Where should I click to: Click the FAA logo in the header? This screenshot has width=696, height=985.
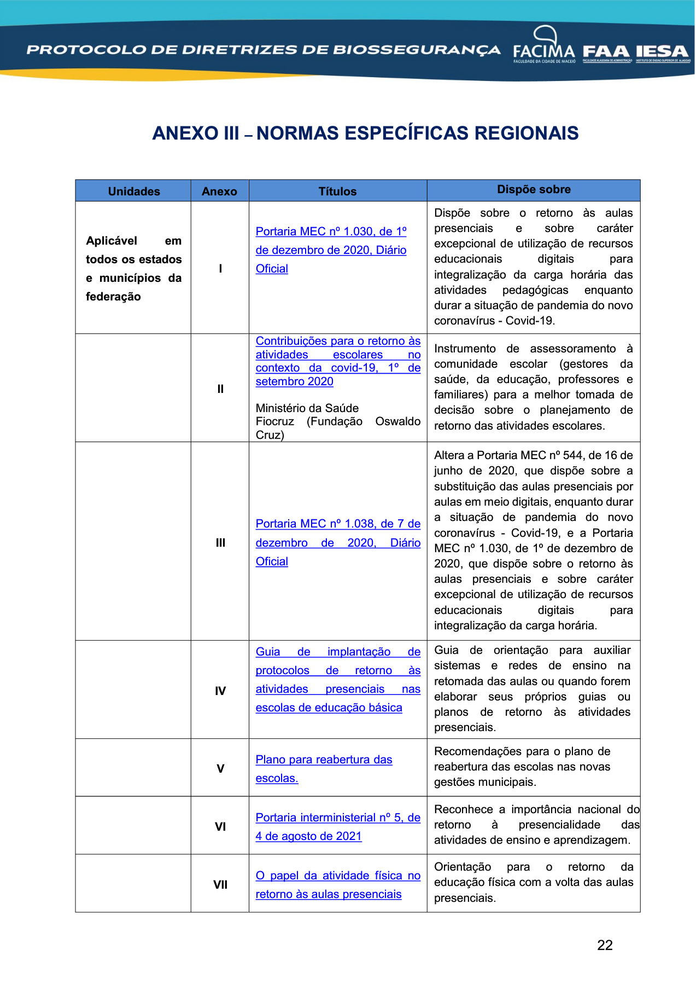(606, 53)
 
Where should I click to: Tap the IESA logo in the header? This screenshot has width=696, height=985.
(662, 53)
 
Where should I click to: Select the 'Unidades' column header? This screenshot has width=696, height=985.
(134, 192)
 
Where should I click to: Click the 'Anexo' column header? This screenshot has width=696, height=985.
(219, 192)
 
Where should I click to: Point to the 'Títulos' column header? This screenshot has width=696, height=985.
(337, 192)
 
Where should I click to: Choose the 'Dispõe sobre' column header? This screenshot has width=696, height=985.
(534, 189)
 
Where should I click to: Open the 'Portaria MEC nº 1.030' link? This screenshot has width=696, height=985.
(331, 232)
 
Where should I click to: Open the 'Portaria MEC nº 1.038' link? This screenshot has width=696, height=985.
(338, 524)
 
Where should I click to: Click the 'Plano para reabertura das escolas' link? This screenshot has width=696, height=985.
(324, 760)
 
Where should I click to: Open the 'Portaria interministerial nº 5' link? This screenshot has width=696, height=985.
(338, 818)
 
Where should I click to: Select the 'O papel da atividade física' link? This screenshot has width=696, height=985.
(338, 876)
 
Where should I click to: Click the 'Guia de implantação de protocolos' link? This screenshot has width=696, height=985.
(338, 652)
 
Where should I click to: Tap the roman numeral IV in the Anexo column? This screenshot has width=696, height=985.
(220, 691)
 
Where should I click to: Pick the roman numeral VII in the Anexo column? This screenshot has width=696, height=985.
(220, 885)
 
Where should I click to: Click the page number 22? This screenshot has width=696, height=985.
(605, 945)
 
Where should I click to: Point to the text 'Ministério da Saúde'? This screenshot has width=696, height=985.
(307, 408)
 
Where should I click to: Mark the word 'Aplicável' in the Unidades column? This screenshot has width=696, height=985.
(112, 241)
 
